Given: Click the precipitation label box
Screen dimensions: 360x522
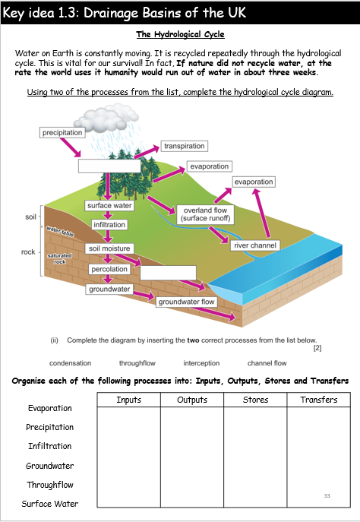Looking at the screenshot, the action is coord(62,132).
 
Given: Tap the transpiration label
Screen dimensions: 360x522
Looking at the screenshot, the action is coord(185,146).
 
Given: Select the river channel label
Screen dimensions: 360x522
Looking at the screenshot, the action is coord(255,245).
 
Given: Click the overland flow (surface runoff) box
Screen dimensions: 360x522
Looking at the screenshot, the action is coord(205,214).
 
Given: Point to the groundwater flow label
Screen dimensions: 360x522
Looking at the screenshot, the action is coord(186,302).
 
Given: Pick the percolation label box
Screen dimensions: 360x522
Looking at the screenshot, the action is coord(109,269).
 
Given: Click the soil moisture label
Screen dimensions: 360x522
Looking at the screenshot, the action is coord(109,248).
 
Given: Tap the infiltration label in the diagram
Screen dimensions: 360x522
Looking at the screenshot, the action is coord(109,225).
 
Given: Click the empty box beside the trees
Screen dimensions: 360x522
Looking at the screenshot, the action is coord(109,166).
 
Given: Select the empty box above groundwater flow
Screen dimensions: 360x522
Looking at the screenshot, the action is coord(168,273).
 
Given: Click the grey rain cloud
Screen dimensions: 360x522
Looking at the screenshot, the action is coord(106,117).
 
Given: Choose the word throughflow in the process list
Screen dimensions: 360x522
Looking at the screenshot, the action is coord(137,363).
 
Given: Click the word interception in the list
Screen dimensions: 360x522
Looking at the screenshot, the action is coord(201,363).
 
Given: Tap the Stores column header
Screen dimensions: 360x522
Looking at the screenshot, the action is coord(255,400).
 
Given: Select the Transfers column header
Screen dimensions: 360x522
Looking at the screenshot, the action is coord(319,400).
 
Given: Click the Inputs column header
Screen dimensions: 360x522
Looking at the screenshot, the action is coord(129,400).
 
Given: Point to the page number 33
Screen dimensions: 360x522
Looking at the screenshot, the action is coord(327,495).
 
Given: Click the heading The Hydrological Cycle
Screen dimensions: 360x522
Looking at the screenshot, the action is coord(180,34).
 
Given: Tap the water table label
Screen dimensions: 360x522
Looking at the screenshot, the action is coord(60,231).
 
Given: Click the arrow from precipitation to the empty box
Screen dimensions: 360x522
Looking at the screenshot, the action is coord(71,147).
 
